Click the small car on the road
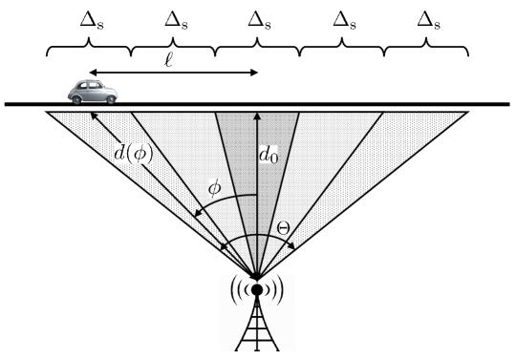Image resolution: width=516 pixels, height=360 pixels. (x=92, y=92)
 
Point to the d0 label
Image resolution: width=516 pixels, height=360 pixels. (x=269, y=153)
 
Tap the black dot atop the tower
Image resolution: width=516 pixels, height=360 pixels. (x=257, y=289)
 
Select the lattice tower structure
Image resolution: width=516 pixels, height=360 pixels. (x=257, y=329)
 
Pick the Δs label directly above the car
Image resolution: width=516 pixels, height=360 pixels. (x=89, y=18)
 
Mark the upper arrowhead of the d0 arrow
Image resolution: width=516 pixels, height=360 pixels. (x=257, y=116)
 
